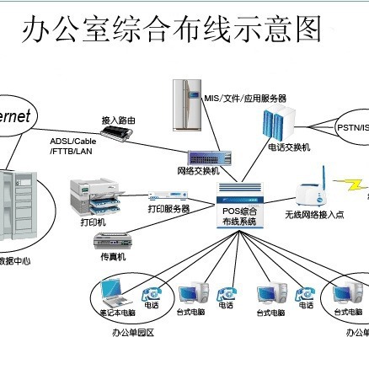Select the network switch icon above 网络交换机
pyautogui.click(x=208, y=158)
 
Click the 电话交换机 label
pyautogui.click(x=289, y=147)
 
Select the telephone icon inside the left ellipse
pyautogui.click(x=152, y=294)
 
